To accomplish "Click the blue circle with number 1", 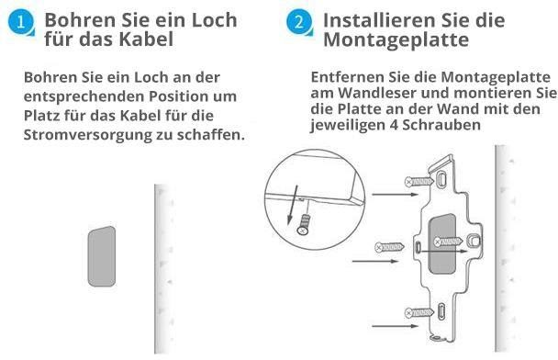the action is tap(20, 22).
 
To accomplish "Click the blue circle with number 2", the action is tap(299, 22).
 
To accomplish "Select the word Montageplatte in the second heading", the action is tap(396, 39).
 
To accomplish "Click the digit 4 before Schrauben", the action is tap(394, 125).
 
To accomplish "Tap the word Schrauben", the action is tap(441, 125).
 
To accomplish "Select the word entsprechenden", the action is tap(84, 96).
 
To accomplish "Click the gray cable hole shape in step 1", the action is tap(102, 256).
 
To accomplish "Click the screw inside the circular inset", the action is tap(303, 224).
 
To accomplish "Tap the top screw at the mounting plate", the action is tap(418, 182).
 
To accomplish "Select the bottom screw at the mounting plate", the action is tap(418, 312).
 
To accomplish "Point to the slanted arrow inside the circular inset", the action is tap(293, 205).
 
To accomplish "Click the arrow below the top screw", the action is tap(395, 195).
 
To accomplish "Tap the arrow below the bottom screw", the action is tap(395, 326).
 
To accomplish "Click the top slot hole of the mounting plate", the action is tap(441, 179).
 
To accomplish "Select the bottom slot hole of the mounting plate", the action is tap(441, 311).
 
